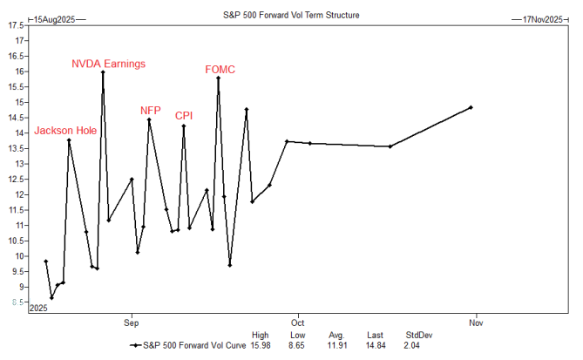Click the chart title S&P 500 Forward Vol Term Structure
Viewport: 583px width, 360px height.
click(290, 15)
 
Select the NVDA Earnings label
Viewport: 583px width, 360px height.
click(108, 64)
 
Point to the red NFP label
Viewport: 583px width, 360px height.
click(151, 111)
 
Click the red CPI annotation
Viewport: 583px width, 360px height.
click(184, 115)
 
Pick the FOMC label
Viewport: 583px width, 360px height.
click(220, 69)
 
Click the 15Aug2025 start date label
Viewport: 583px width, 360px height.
click(54, 17)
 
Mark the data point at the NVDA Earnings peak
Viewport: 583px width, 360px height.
click(103, 72)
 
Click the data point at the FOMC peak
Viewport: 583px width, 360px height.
click(218, 78)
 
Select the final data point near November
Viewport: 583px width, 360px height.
click(471, 107)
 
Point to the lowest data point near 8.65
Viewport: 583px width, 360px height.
click(51, 297)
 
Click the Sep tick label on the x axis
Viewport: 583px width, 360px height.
click(132, 320)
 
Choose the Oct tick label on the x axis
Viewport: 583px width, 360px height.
click(297, 320)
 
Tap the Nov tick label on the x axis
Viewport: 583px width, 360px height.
click(476, 320)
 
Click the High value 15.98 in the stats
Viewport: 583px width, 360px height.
click(260, 344)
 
